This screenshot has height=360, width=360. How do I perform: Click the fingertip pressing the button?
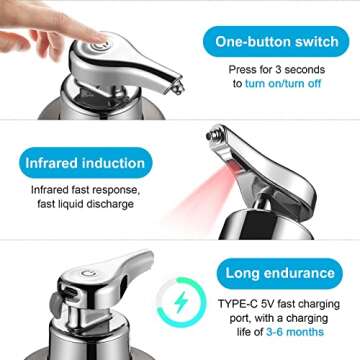click(91, 44)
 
